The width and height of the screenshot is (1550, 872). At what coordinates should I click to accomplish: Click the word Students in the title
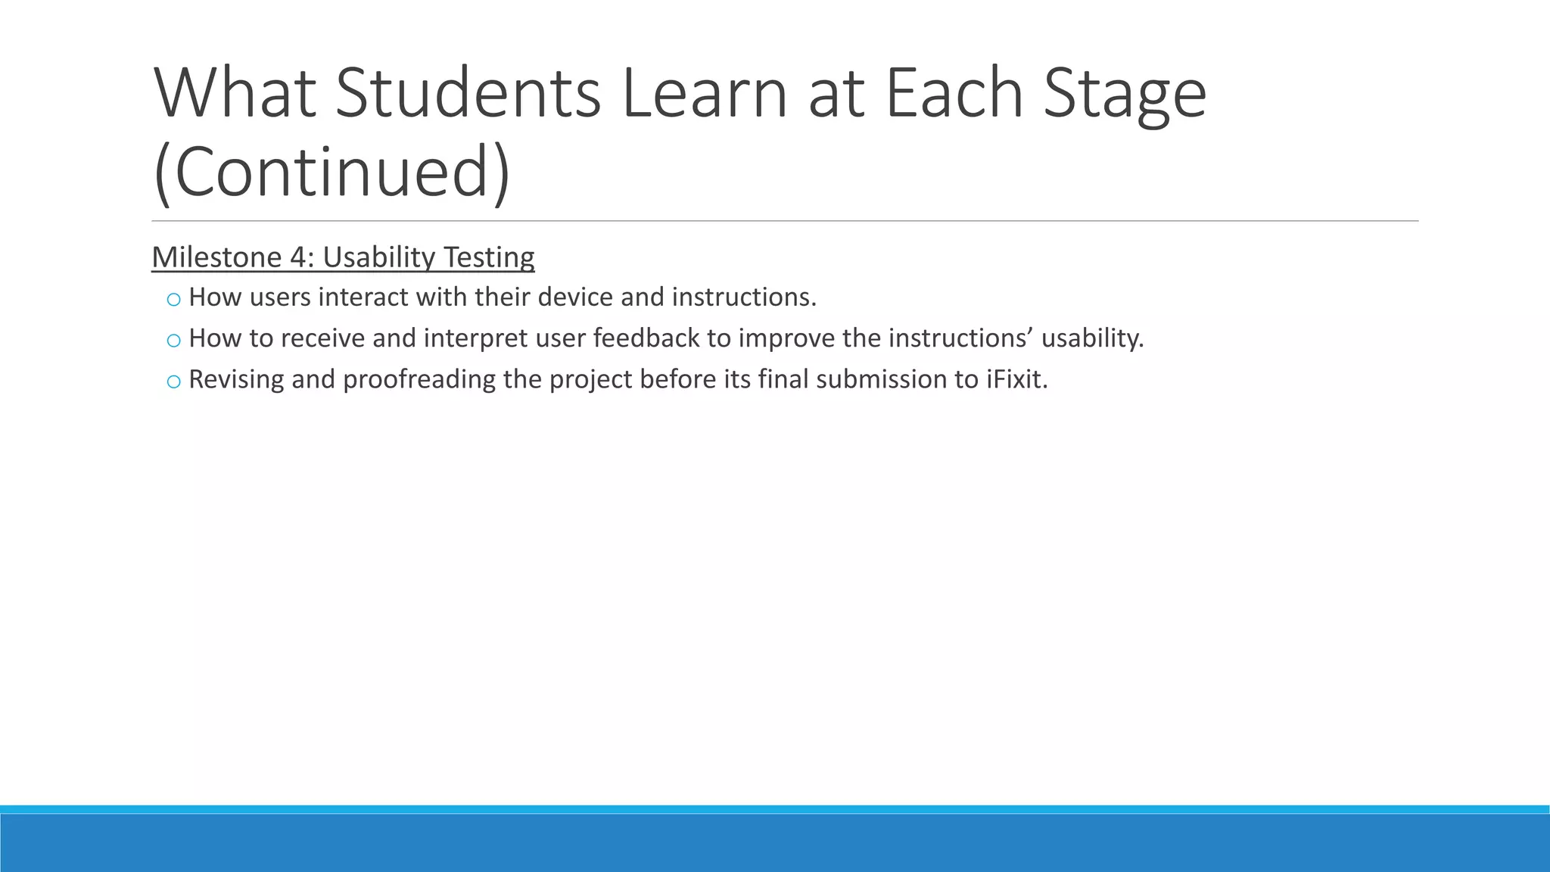point(468,94)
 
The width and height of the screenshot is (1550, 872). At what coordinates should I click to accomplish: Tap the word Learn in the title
point(705,94)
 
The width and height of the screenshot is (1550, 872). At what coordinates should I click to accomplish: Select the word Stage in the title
point(1124,94)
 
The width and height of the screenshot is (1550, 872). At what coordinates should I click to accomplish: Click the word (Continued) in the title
point(331,173)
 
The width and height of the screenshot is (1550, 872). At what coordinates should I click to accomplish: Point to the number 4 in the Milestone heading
point(297,257)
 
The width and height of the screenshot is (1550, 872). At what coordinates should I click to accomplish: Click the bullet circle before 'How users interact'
point(173,300)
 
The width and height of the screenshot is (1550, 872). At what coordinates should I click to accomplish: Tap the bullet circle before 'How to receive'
point(173,341)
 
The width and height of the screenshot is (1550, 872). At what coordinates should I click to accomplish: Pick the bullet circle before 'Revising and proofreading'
point(173,381)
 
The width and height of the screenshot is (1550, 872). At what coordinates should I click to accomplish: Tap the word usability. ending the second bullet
point(1092,338)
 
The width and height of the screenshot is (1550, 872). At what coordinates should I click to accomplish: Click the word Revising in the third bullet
point(235,378)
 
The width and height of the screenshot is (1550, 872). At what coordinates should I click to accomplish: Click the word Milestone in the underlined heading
point(216,257)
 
